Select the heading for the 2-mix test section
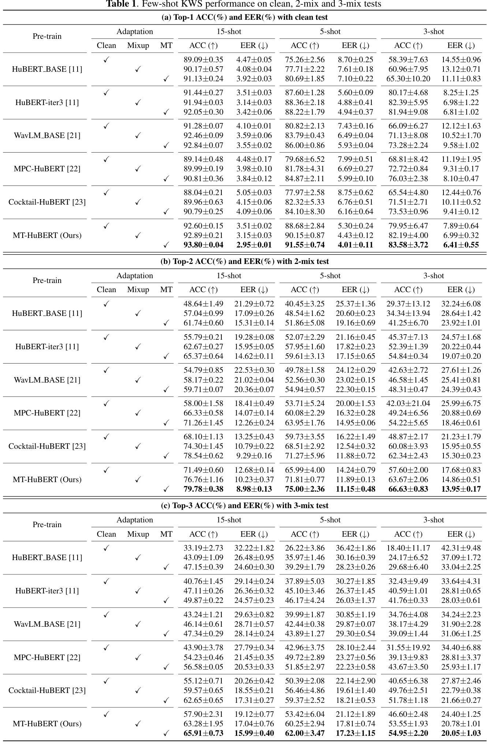point(244,261)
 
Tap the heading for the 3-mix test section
point(244,506)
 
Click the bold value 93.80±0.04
point(203,245)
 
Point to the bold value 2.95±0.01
point(254,245)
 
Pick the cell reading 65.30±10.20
point(408,79)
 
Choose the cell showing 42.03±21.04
point(408,403)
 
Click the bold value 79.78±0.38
point(203,489)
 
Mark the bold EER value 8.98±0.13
point(254,489)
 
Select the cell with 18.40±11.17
point(408,548)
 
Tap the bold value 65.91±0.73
point(203,733)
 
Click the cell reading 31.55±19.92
point(408,648)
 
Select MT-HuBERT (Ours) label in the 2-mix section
point(47,480)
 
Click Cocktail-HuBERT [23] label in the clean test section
point(47,202)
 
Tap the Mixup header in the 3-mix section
point(138,534)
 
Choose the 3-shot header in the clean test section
point(434,32)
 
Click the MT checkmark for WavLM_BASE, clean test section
point(166,145)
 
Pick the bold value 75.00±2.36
point(305,489)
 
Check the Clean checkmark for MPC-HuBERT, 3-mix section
point(106,648)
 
